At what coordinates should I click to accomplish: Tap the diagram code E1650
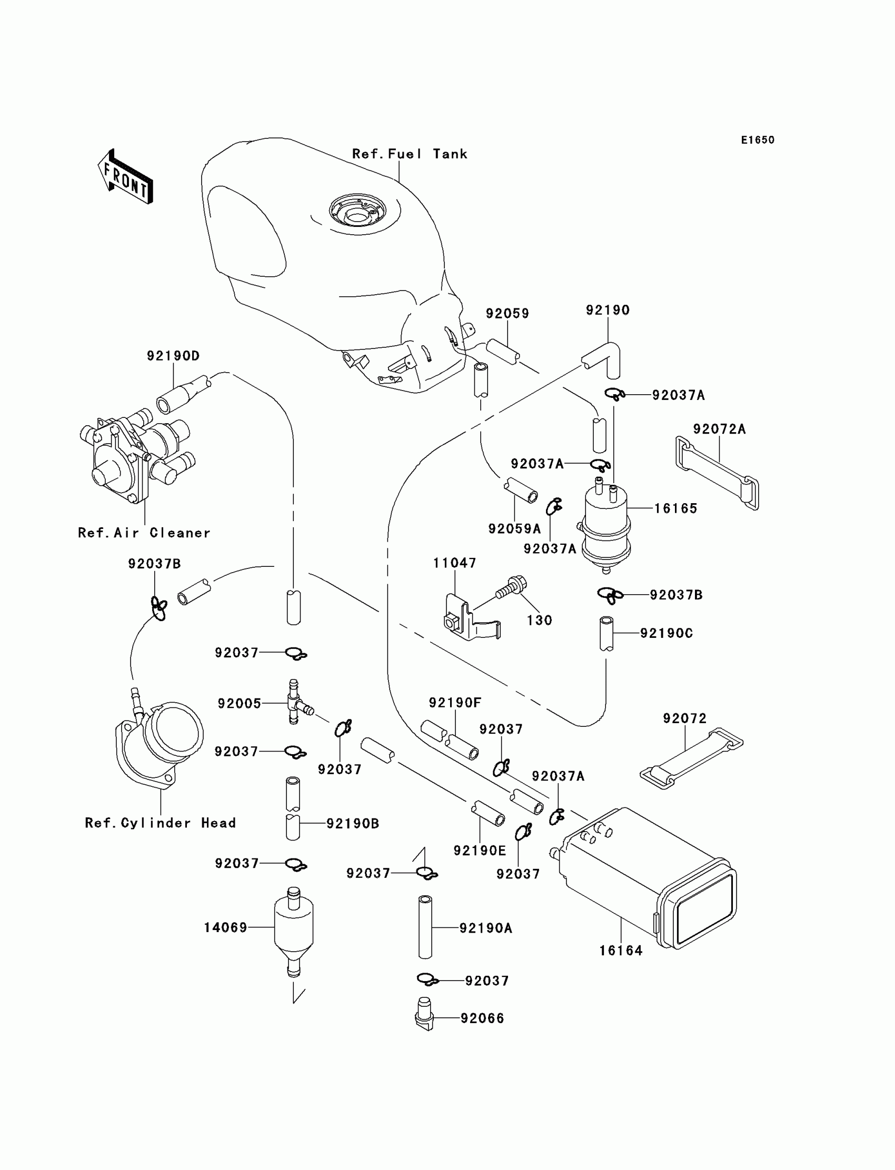758,140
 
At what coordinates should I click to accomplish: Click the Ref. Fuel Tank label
410,154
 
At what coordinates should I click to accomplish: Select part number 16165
675,508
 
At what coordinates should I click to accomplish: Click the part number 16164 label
621,951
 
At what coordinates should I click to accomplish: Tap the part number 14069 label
225,928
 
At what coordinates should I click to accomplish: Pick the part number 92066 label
482,1018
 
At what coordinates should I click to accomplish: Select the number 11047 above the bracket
454,563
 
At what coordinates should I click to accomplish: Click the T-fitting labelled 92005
295,702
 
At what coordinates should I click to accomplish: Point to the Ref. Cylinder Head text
161,823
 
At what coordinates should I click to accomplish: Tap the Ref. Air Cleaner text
144,533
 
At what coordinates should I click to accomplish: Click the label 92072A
719,429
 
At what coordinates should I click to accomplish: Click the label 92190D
173,356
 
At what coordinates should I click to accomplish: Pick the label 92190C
666,633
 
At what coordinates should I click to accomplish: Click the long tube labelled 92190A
424,927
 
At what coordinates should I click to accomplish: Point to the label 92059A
514,529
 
